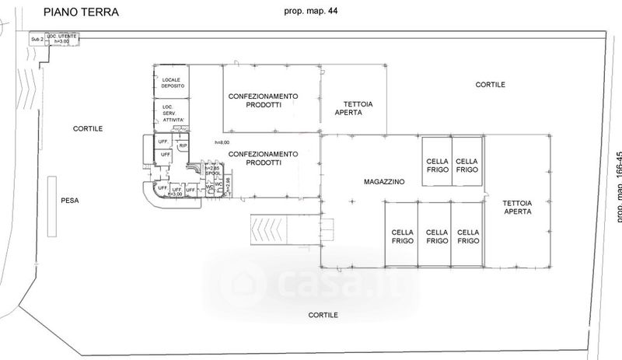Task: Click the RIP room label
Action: pos(183,145)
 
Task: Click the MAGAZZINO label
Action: pos(385,182)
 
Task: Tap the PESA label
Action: pos(70,201)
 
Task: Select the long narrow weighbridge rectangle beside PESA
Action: pos(51,207)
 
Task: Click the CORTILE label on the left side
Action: pos(88,128)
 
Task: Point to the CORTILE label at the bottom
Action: pos(323,316)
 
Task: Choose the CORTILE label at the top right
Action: pos(491,84)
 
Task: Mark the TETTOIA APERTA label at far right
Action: pos(517,207)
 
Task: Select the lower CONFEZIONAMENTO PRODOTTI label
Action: pos(263,158)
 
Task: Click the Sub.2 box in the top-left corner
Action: pos(35,39)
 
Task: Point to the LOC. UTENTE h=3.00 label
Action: pos(61,39)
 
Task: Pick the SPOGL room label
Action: pos(213,173)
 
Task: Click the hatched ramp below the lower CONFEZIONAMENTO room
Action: pos(268,229)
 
